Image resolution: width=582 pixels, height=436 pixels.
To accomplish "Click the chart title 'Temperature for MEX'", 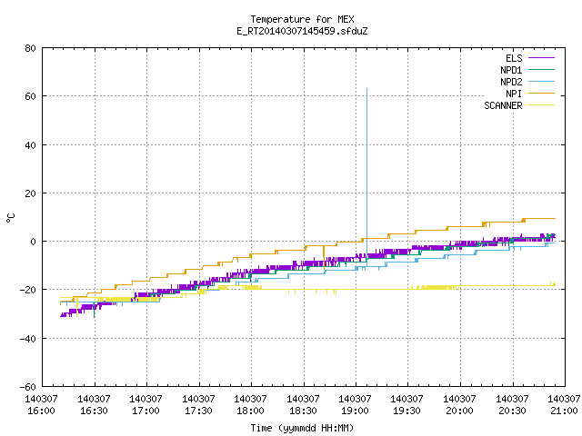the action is (302, 19).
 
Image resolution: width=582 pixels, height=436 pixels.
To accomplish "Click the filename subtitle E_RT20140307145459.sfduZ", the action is (302, 31).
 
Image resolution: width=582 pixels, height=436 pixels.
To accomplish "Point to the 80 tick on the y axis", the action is (30, 48).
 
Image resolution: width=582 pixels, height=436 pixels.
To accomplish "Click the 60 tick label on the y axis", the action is (30, 96).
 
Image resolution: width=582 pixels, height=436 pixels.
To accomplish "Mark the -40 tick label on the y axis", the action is (28, 339).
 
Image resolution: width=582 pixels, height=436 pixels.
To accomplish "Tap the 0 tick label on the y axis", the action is (34, 242).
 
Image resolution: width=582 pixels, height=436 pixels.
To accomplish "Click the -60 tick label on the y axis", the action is (28, 387).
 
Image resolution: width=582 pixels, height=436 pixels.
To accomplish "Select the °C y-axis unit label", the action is (10, 218).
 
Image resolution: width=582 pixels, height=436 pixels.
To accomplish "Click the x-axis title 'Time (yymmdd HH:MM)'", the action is (302, 428).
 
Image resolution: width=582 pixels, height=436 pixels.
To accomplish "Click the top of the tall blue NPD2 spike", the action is (367, 89).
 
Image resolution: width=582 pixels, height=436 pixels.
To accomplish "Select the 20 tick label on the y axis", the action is (30, 193).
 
